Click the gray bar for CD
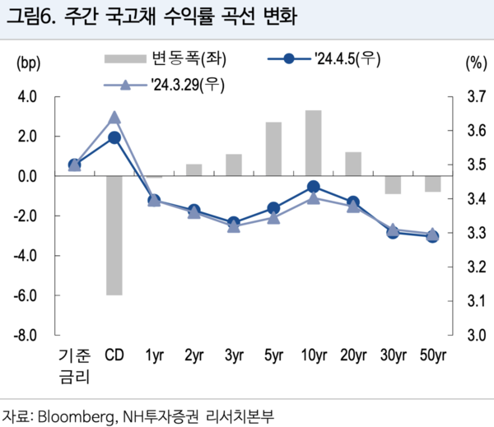tap(114, 235)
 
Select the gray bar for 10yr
tap(313, 143)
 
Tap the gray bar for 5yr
tap(273, 149)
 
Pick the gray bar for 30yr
tap(393, 185)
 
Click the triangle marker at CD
tap(114, 118)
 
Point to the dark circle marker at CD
tap(114, 137)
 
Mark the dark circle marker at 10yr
tap(313, 187)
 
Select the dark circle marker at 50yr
tap(432, 236)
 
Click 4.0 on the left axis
tap(26, 97)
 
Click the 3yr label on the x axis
tap(234, 356)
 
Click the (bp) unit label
tap(27, 63)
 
